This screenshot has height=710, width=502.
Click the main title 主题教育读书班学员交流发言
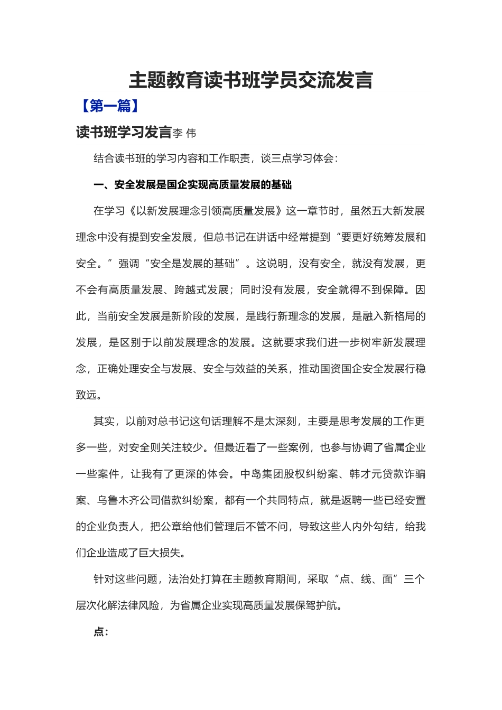click(x=251, y=81)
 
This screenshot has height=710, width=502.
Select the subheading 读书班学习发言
click(x=124, y=132)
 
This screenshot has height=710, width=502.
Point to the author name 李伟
click(x=184, y=133)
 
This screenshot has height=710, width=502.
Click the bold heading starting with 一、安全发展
click(x=192, y=185)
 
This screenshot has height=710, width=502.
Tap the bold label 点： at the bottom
click(x=100, y=632)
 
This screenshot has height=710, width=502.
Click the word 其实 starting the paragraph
click(x=104, y=422)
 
